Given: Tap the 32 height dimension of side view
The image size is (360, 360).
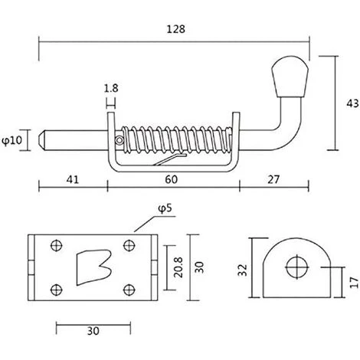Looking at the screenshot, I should pyautogui.click(x=243, y=269).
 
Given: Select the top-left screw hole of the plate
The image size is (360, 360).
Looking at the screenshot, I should pyautogui.click(x=55, y=245).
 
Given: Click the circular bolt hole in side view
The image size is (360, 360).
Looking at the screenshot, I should pyautogui.click(x=296, y=267).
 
